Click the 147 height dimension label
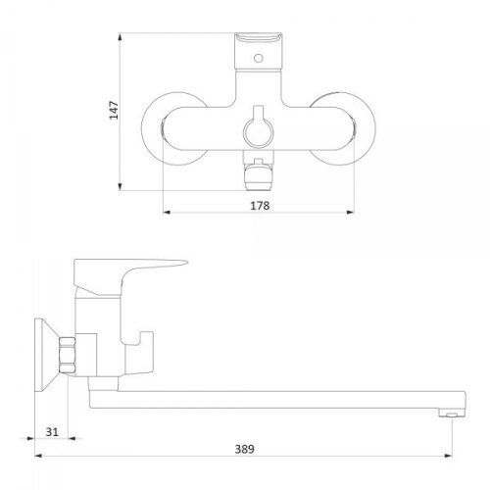[114, 110]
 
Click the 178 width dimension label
[260, 206]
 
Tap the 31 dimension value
[52, 432]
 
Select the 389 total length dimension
[244, 450]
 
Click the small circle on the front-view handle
[259, 59]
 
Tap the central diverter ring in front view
[259, 131]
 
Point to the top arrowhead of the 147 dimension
[121, 36]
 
